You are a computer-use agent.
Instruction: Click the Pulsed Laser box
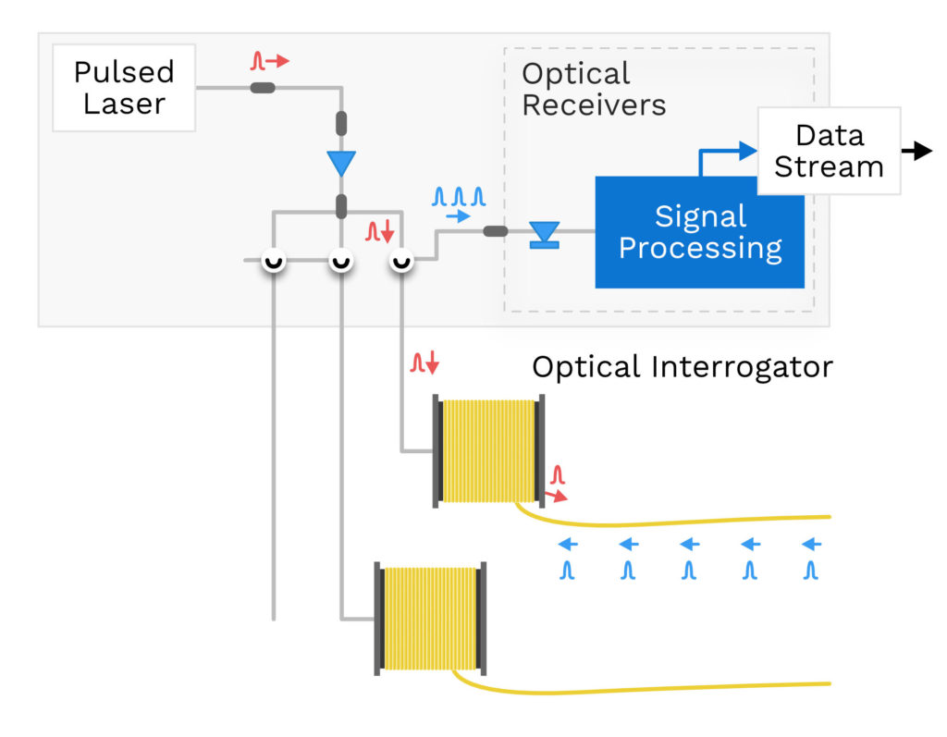[x=124, y=88]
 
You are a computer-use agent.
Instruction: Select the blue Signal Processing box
[x=699, y=232]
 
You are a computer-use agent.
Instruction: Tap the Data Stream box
[x=829, y=151]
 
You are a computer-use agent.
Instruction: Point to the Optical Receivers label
[x=593, y=89]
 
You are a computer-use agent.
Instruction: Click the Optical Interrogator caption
[x=683, y=367]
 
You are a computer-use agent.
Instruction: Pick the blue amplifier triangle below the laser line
[x=341, y=164]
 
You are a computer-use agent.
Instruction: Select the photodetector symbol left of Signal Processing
[x=543, y=233]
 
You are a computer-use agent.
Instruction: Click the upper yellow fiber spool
[x=488, y=450]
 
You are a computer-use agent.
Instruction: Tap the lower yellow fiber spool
[x=429, y=617]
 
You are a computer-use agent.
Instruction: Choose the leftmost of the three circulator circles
[x=273, y=261]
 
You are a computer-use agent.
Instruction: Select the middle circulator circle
[x=340, y=261]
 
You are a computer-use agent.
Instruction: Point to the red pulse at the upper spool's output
[x=557, y=478]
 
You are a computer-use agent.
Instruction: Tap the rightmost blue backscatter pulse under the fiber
[x=811, y=569]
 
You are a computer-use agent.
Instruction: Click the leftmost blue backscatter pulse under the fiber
[x=568, y=569]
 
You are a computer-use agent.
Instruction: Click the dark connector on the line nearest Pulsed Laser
[x=263, y=88]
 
